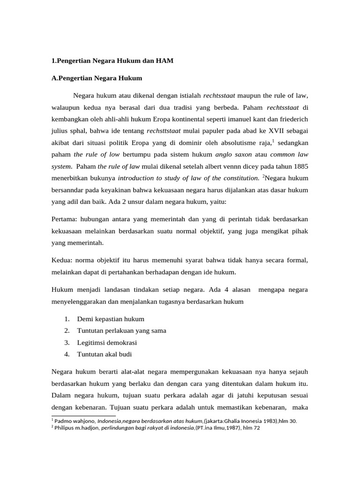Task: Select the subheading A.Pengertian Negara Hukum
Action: point(96,78)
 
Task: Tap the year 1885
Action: point(300,166)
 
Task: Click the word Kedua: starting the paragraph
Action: point(62,260)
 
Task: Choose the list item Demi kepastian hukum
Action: point(111,319)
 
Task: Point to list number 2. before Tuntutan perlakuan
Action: point(67,330)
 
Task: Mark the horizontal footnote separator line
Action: point(83,415)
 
